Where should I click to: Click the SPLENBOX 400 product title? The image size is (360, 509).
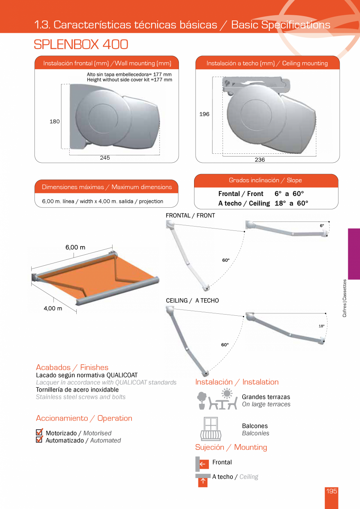[x=81, y=45]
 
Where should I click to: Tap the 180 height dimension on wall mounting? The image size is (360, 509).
[x=54, y=122]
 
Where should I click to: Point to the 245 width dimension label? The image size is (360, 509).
[x=105, y=158]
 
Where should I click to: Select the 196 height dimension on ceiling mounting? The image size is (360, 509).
[x=204, y=114]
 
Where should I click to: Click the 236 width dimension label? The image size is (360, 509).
[x=259, y=160]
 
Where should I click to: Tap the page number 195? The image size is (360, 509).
[x=331, y=491]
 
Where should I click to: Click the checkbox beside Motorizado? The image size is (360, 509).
[x=39, y=432]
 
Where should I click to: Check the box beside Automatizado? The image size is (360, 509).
[x=39, y=440]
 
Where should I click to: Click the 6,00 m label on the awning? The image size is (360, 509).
[x=75, y=247]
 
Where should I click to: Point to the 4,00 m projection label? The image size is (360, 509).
[x=53, y=308]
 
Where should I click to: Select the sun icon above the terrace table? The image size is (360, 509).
[x=227, y=393]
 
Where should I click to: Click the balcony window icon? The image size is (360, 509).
[x=211, y=429]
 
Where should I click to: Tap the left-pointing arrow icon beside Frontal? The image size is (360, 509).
[x=203, y=464]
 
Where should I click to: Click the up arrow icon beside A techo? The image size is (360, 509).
[x=203, y=481]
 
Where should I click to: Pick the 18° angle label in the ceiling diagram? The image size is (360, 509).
[x=321, y=326]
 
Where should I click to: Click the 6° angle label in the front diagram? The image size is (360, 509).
[x=322, y=226]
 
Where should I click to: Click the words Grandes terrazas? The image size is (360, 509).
[x=266, y=397]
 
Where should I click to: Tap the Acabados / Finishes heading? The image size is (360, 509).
[x=72, y=367]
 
